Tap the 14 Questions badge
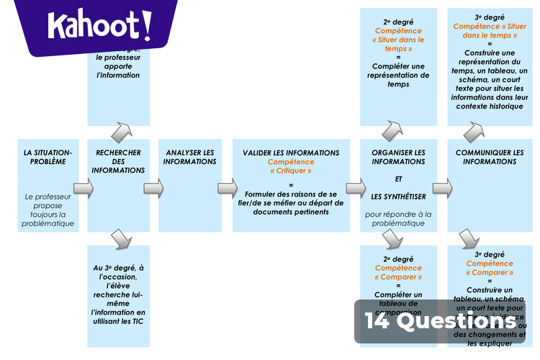point(440,321)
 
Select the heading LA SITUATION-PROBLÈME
point(48,157)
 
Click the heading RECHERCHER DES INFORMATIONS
point(118,161)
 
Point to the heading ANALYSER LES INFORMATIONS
point(189,157)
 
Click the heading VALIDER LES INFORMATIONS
point(291,153)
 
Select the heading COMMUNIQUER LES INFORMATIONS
point(490,157)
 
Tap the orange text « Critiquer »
point(291,171)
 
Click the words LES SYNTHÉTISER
point(398,196)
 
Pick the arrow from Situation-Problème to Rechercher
point(84,189)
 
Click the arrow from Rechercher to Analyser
point(153,189)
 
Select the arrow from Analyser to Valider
point(228,189)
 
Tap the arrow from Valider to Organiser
point(356,189)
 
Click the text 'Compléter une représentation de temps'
point(398,76)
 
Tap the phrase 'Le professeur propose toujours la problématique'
point(49,210)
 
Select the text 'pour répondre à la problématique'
point(398,218)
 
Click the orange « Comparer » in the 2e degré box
point(398,276)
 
